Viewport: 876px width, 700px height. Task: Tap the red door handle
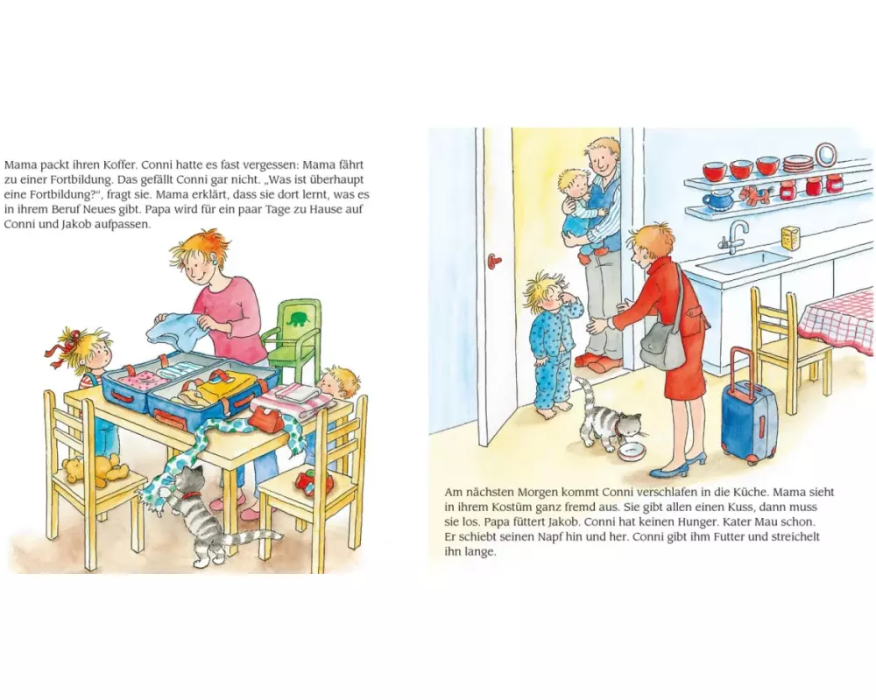pyautogui.click(x=492, y=260)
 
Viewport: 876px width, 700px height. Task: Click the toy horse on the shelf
pyautogui.click(x=752, y=194)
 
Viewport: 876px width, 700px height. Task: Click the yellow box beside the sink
pyautogui.click(x=789, y=239)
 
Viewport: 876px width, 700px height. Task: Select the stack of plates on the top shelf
pyautogui.click(x=797, y=164)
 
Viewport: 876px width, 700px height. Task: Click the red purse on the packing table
pyautogui.click(x=267, y=418)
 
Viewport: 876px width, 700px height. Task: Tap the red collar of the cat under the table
pyautogui.click(x=191, y=494)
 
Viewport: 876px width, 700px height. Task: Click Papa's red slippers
pyautogui.click(x=597, y=362)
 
